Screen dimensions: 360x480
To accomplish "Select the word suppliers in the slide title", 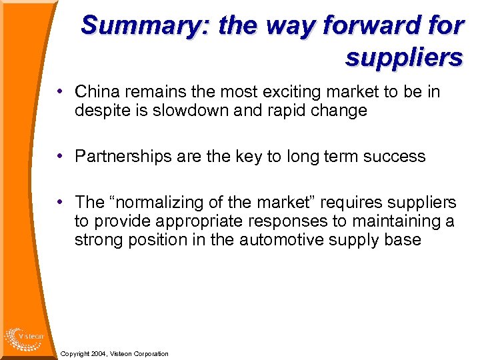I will tap(403, 57).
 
